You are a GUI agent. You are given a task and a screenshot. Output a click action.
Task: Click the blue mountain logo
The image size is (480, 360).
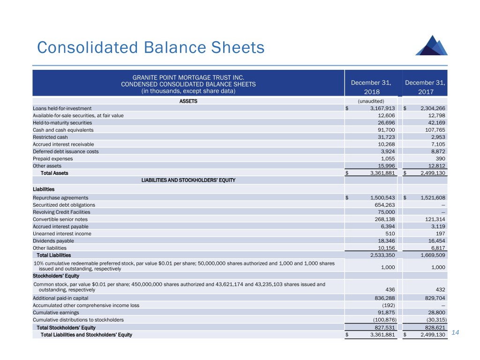point(431,44)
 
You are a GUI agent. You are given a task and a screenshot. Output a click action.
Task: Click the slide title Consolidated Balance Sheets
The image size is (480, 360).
point(150,47)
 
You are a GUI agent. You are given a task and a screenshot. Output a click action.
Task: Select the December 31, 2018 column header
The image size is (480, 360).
point(371,87)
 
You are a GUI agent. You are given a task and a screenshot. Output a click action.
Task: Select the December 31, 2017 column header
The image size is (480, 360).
point(425,87)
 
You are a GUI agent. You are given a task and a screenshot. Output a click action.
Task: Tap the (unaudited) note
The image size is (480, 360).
point(371,101)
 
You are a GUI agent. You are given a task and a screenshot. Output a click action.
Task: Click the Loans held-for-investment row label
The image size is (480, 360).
point(62,108)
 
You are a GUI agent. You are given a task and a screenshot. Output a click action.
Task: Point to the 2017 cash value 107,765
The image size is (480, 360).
point(434,130)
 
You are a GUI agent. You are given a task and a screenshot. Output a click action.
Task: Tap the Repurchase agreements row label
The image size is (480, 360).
point(60,198)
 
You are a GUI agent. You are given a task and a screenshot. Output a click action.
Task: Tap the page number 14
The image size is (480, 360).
point(454,333)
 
